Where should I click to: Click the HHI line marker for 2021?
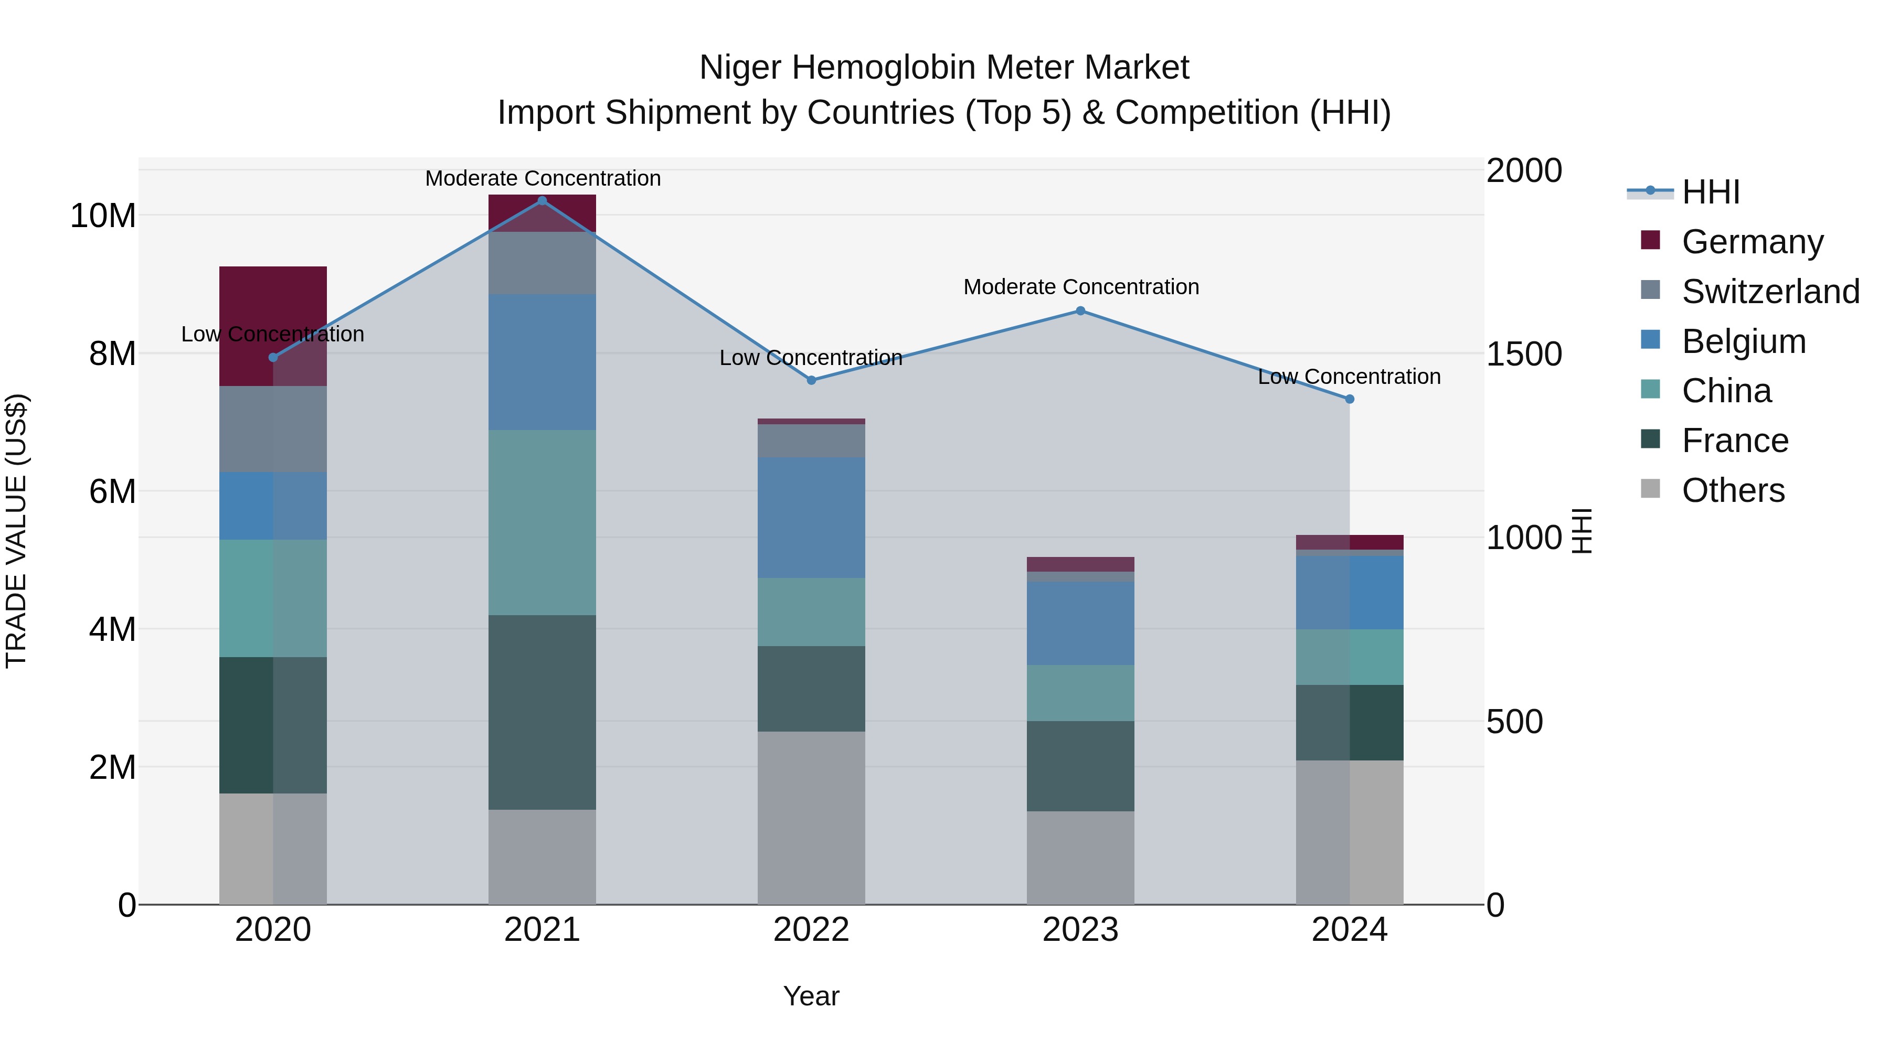(542, 201)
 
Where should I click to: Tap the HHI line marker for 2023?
(1080, 311)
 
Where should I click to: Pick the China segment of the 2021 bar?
(542, 522)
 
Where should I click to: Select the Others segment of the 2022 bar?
(811, 817)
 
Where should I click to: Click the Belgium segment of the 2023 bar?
(1080, 623)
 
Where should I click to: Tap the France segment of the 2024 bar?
(1349, 722)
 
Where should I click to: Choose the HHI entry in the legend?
(1710, 192)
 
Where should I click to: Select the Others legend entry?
(1732, 490)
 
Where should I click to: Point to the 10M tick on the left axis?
(103, 216)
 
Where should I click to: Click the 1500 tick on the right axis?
(1524, 354)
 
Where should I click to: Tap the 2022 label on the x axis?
(811, 930)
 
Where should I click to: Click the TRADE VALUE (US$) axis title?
(16, 531)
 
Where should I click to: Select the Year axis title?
(811, 996)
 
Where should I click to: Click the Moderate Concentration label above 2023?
(1081, 286)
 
